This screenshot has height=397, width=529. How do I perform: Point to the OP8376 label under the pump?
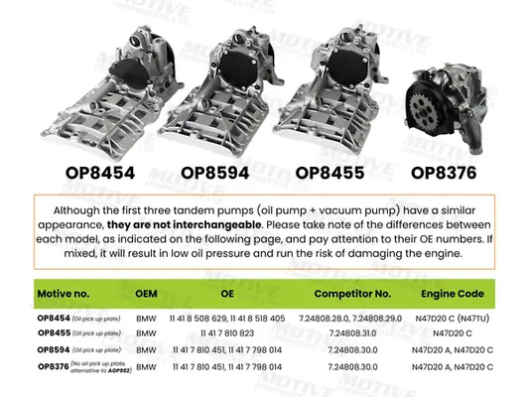tap(444, 172)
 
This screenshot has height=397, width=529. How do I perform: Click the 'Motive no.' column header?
tap(66, 295)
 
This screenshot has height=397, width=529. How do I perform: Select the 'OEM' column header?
tap(146, 295)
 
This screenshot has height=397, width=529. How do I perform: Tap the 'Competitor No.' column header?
tap(352, 295)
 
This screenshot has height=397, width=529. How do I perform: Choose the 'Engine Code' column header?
tap(452, 295)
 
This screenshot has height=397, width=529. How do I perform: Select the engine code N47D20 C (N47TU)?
tap(452, 318)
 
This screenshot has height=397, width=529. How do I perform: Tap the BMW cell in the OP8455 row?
tap(146, 333)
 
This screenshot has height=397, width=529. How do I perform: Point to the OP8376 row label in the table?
tap(54, 364)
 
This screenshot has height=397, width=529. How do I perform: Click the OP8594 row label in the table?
tap(54, 349)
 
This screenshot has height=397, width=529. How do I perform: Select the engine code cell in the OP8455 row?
tap(452, 333)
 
